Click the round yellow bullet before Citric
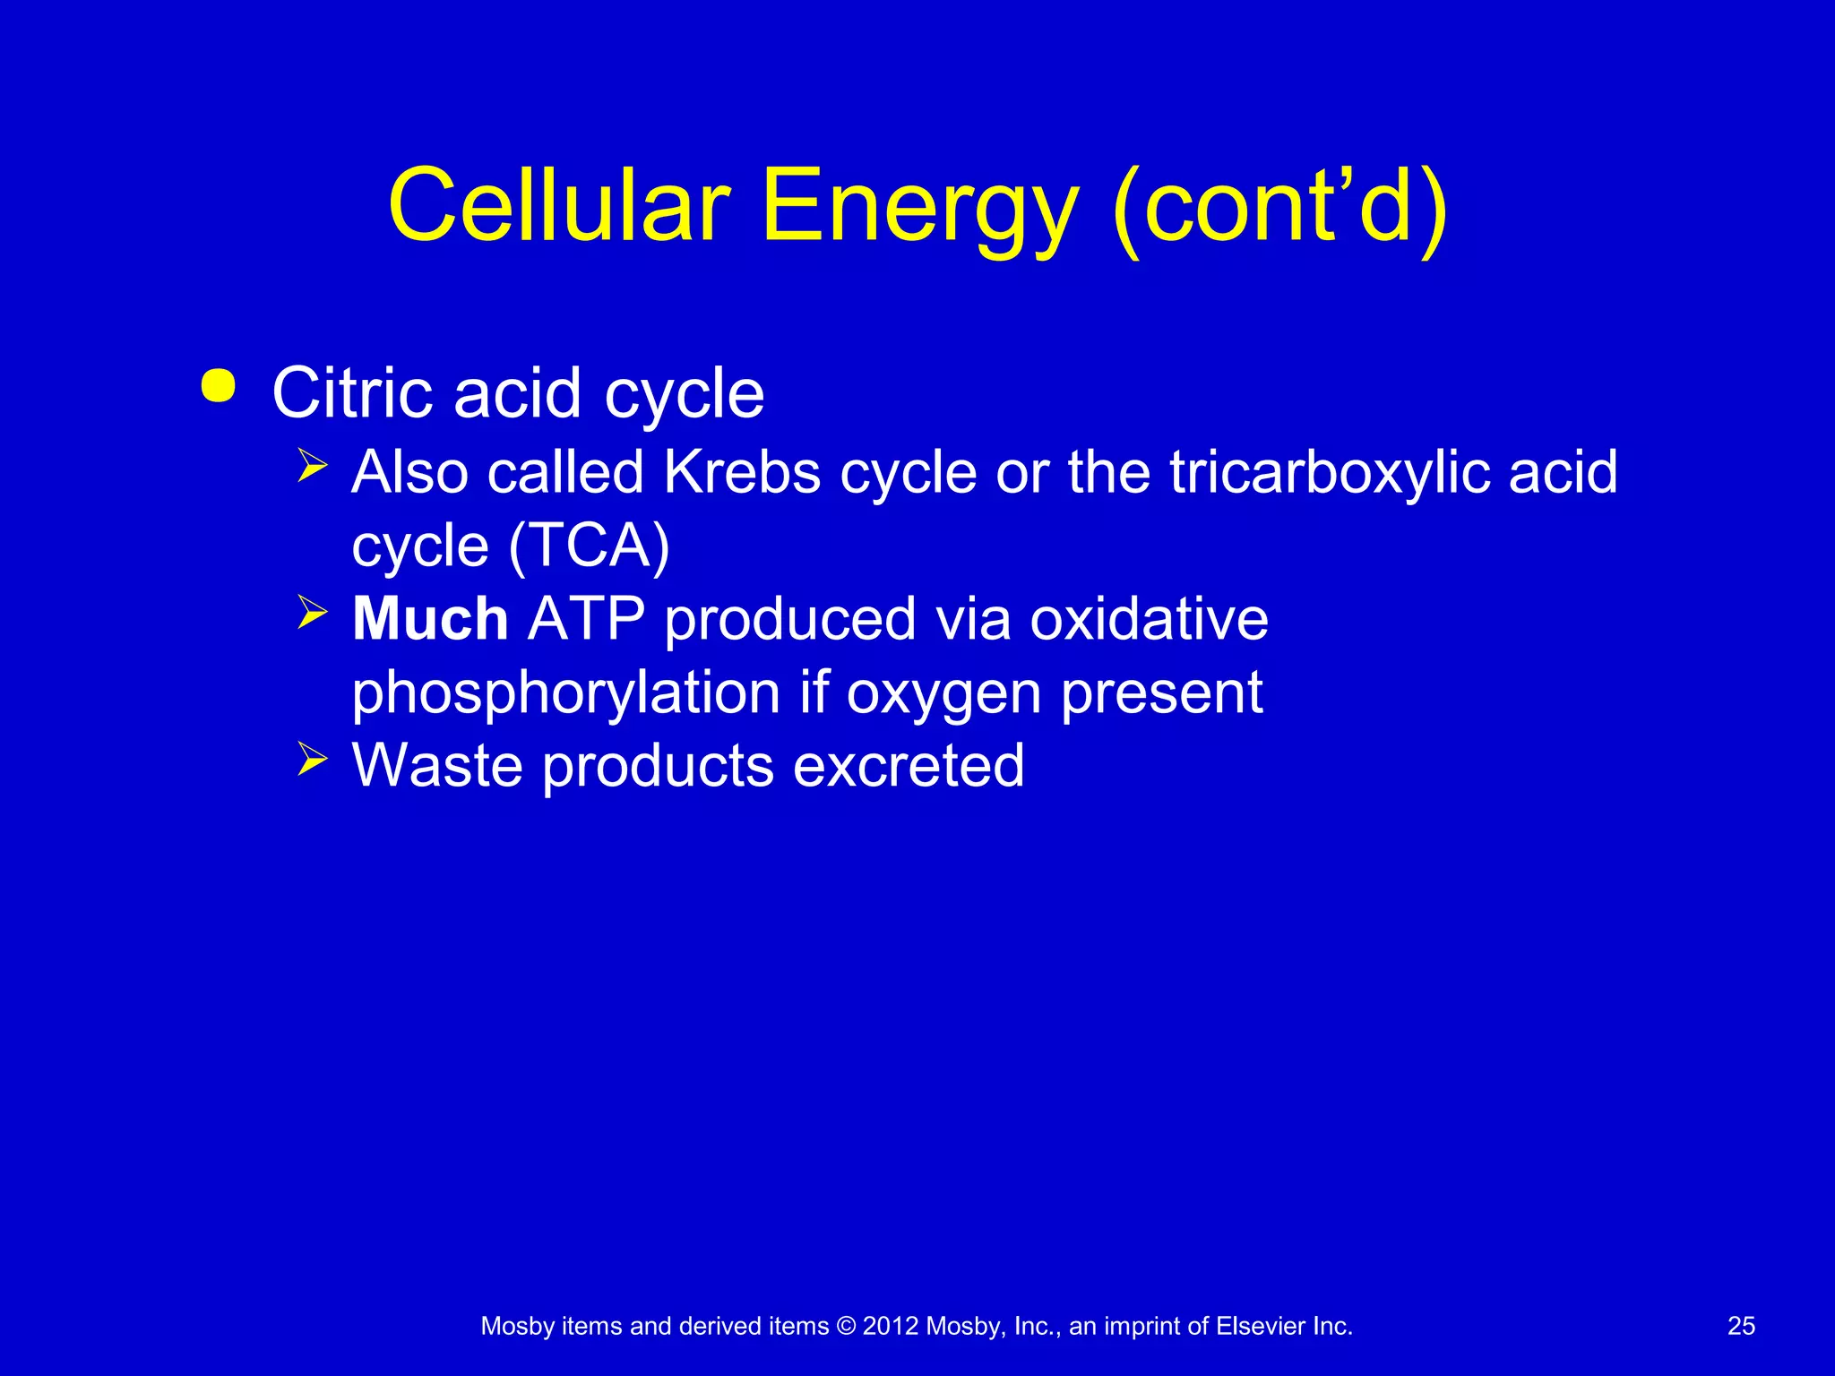click(x=219, y=386)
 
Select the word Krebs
click(x=742, y=472)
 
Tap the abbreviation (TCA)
click(x=589, y=546)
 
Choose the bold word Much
click(x=430, y=619)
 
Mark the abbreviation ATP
click(x=586, y=619)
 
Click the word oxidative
click(x=1149, y=619)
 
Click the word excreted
click(x=909, y=766)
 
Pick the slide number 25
click(x=1741, y=1326)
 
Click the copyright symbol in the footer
click(x=846, y=1326)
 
